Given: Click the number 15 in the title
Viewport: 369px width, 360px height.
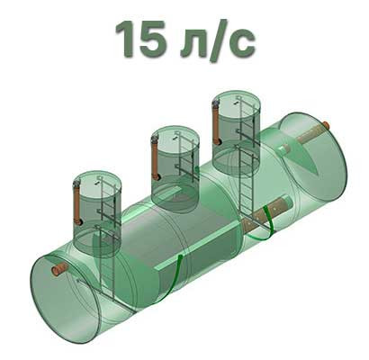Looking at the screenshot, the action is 141,39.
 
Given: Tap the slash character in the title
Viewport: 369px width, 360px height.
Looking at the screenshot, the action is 220,40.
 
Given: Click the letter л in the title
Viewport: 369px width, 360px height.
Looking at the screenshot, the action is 193,43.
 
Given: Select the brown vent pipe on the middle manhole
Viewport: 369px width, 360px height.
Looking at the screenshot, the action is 155,158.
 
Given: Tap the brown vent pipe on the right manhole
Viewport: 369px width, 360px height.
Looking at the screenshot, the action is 217,123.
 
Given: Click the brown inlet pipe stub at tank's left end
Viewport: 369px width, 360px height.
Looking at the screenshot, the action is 59,268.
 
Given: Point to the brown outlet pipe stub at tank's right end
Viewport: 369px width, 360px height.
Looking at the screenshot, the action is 326,125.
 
